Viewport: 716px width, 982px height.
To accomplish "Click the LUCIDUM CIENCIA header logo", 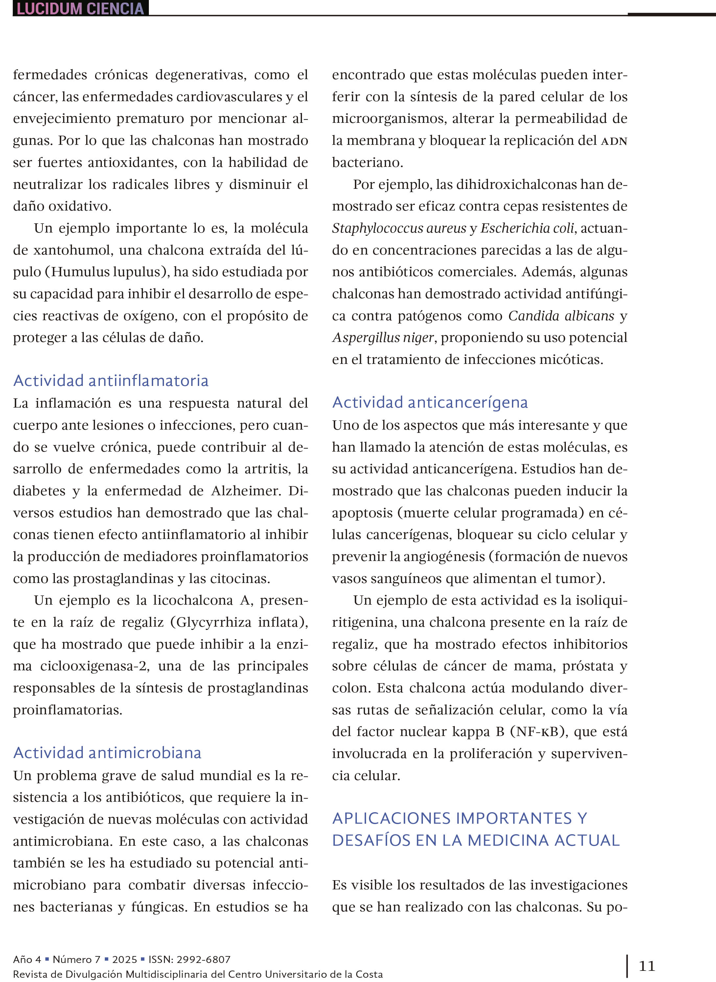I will (80, 8).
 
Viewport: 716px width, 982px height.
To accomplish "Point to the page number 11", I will (647, 966).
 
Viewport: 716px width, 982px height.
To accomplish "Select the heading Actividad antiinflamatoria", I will (111, 380).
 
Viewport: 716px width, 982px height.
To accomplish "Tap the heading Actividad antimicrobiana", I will (107, 752).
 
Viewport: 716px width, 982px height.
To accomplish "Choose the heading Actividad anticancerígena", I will (430, 402).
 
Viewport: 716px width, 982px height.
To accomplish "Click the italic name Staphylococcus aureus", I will (399, 228).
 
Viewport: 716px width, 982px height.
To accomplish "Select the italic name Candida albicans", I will (561, 315).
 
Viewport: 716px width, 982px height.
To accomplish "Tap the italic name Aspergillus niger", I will (383, 337).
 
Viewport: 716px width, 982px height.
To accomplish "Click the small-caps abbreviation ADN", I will (614, 141).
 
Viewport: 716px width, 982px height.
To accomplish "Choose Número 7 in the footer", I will (76, 959).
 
